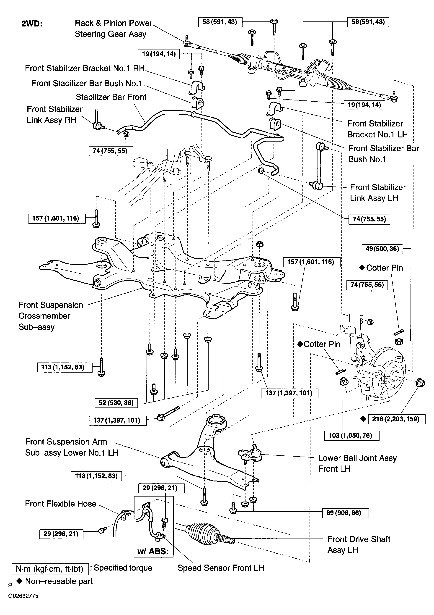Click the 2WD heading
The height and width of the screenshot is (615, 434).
pos(32,24)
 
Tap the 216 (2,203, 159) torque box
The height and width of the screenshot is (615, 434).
pos(397,419)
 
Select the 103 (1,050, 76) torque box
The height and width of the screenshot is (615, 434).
pos(352,436)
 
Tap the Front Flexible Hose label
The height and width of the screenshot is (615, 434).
pos(61,504)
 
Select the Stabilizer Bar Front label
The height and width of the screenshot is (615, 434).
pos(111,97)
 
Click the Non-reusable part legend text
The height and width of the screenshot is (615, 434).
pos(59,581)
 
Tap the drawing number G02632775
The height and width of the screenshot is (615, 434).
pos(23,596)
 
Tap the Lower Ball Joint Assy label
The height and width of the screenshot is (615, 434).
pos(357,463)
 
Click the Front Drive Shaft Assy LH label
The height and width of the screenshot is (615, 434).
pos(359,544)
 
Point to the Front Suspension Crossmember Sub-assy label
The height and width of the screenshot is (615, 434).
pos(51,316)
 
